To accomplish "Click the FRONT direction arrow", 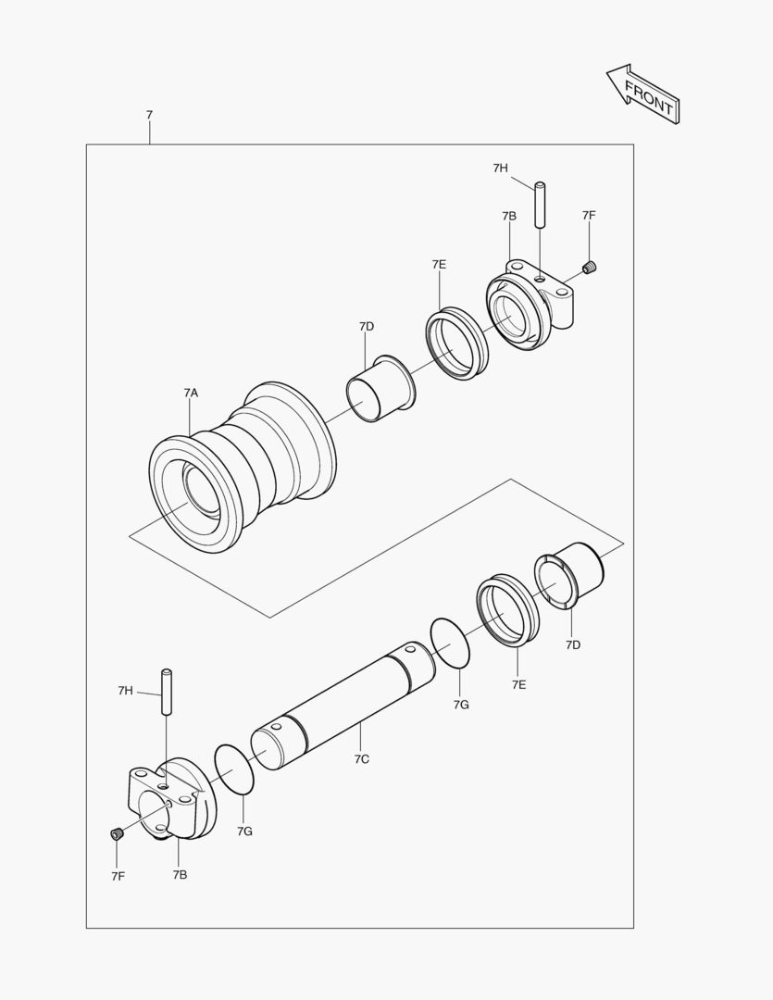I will pyautogui.click(x=644, y=94).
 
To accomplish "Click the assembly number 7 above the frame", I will pyautogui.click(x=149, y=115).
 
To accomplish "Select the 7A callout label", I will pyautogui.click(x=191, y=393).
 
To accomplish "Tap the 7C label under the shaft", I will pyautogui.click(x=362, y=758).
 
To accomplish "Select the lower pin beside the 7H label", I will pyautogui.click(x=168, y=692).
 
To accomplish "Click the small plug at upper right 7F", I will pyautogui.click(x=590, y=268).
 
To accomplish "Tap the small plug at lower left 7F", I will pyautogui.click(x=118, y=834).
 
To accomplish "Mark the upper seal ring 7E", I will pyautogui.click(x=456, y=343).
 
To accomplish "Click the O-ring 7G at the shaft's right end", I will pyautogui.click(x=453, y=643).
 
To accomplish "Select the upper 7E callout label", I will pyautogui.click(x=439, y=265).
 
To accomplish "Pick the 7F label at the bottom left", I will pyautogui.click(x=118, y=875).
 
